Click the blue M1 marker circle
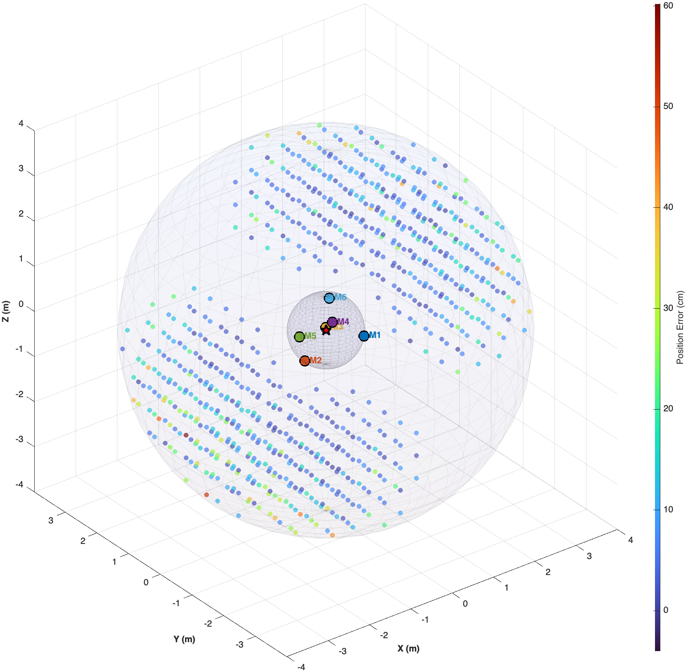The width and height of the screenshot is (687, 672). coord(364,336)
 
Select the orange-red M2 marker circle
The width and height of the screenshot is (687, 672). coord(305,361)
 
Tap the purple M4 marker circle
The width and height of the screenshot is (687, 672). coord(332,322)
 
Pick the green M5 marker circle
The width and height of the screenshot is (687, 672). coord(299,337)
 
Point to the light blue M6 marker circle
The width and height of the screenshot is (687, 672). coord(329,298)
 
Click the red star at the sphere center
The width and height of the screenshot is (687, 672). coord(326,330)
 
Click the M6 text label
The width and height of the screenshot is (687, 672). coord(341,298)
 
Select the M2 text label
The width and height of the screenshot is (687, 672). coord(316,361)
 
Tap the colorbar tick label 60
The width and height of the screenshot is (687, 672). coord(668,6)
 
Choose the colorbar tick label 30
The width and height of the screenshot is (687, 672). coord(668,308)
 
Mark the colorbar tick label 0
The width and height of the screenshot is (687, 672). coord(666,610)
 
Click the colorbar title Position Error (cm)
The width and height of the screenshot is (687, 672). coord(680,328)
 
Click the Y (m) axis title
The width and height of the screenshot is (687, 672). coord(184,639)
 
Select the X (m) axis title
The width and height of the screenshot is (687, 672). coord(408,648)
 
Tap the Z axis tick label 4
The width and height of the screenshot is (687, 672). coord(21,124)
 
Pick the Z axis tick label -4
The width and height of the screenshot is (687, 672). coord(19,484)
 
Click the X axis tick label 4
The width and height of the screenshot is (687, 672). coord(631,540)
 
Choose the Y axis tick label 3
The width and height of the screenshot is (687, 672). coord(51,521)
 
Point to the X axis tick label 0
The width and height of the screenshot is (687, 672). coord(465,604)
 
